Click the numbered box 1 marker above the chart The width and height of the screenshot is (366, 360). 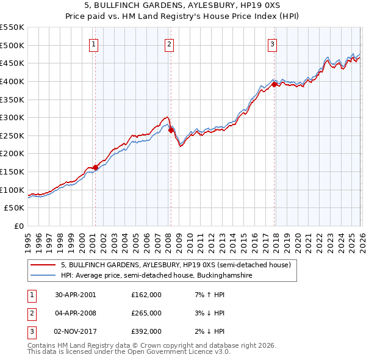tap(94, 43)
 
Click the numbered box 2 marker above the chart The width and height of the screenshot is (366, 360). tap(169, 43)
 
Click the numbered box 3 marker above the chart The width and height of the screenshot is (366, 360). tap(272, 43)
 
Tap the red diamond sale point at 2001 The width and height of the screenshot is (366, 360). tap(96, 167)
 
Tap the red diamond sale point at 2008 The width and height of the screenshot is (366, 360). tap(170, 130)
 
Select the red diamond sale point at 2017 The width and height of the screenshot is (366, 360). tap(274, 84)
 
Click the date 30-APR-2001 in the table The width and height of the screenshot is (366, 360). tap(76, 295)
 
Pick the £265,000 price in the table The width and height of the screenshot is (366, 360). tap(146, 313)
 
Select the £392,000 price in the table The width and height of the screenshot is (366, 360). tap(146, 331)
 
